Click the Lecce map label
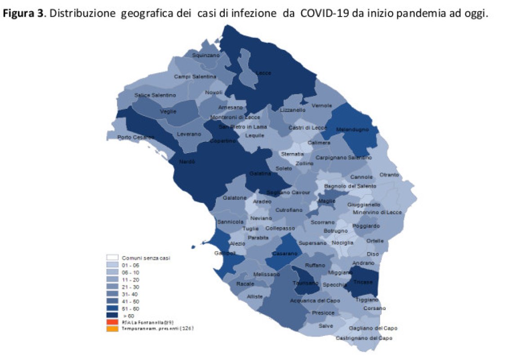(x=263, y=72)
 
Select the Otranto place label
(x=389, y=175)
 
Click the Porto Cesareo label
(x=135, y=137)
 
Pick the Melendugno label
(x=352, y=130)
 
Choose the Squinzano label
(x=206, y=55)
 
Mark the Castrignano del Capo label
(x=364, y=338)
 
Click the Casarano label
(x=285, y=254)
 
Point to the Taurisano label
(x=305, y=283)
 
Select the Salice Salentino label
(x=155, y=95)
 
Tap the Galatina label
(x=260, y=174)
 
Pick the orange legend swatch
(x=112, y=328)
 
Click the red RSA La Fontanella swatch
(x=112, y=322)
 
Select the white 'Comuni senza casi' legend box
(x=112, y=258)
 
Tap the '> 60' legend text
(x=129, y=316)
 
